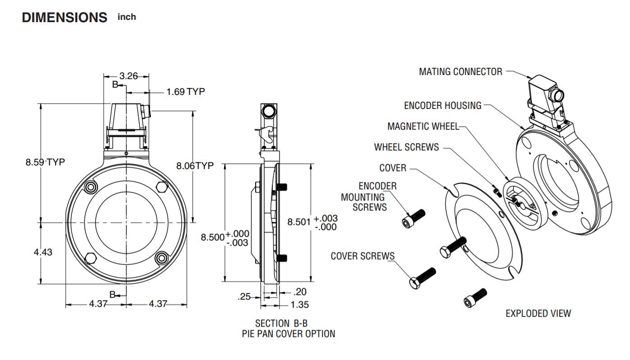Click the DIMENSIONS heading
coord(64,18)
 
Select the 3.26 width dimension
coord(128,76)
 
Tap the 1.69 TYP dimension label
coord(186,92)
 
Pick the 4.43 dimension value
coord(43,252)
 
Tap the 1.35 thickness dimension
coord(300,304)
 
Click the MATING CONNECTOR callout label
coord(460,71)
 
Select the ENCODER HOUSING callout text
coord(443,106)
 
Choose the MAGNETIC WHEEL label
coord(423,126)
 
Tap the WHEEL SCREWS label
coord(406,147)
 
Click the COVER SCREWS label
coord(363,256)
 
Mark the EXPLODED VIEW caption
coord(538,313)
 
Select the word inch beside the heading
coord(126,17)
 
